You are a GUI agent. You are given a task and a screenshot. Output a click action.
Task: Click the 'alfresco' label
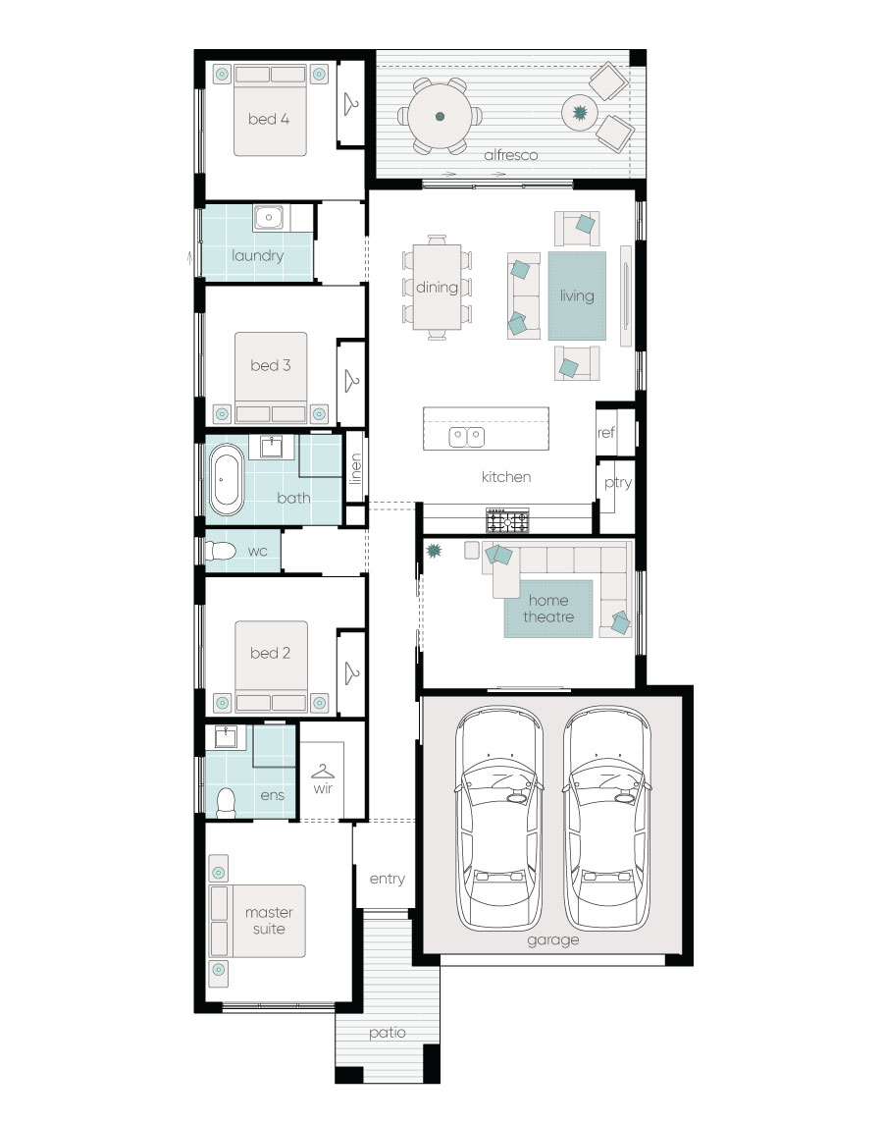click(510, 155)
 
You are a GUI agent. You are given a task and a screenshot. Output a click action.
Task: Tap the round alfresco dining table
click(440, 116)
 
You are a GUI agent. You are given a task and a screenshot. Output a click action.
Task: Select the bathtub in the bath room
click(227, 480)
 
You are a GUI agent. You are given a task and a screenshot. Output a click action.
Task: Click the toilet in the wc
click(220, 552)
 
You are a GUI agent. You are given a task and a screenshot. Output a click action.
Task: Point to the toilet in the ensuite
click(226, 802)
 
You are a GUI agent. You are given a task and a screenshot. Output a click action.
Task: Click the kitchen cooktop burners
click(507, 517)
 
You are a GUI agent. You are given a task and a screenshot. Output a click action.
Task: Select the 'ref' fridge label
click(605, 431)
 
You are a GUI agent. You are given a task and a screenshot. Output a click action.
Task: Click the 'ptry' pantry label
click(618, 483)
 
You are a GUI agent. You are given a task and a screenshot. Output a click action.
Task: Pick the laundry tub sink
click(268, 218)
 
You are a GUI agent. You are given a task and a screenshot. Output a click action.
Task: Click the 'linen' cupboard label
click(355, 468)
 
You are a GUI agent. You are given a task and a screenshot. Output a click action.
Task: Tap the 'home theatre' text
click(548, 609)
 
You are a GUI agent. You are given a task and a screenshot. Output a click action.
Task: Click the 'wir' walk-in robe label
click(324, 787)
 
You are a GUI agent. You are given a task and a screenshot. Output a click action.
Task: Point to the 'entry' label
click(387, 879)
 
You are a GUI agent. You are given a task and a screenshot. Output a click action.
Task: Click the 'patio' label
click(387, 1033)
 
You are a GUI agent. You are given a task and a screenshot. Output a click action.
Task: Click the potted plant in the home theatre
click(433, 552)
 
